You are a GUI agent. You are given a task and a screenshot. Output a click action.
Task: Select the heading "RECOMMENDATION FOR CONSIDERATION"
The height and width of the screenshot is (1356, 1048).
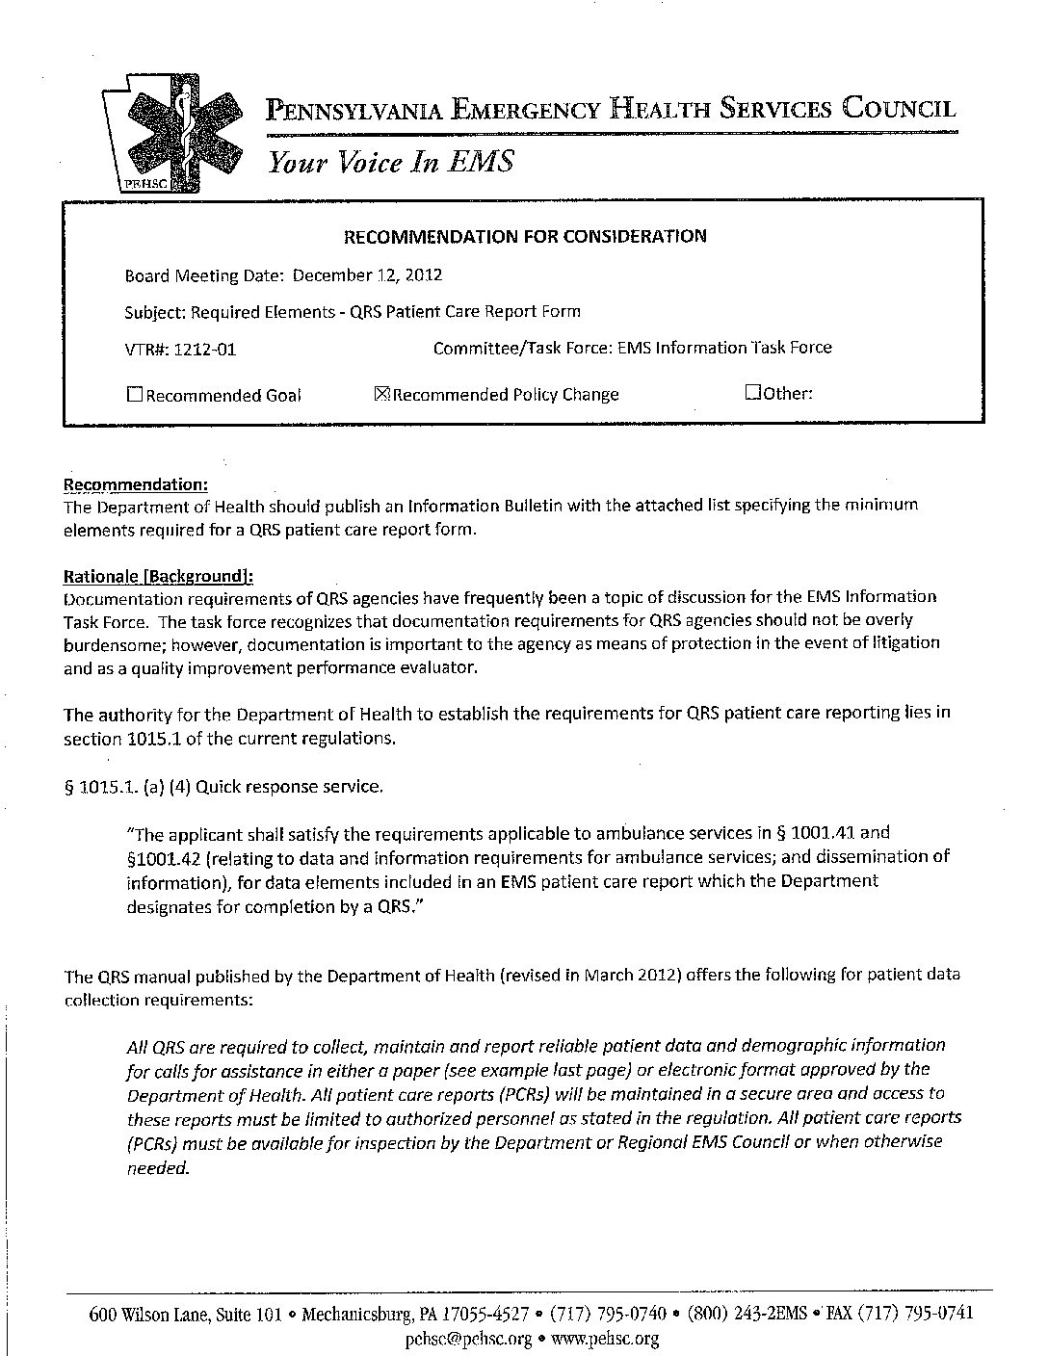point(525,236)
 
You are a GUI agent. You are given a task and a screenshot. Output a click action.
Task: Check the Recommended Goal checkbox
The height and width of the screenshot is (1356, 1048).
point(135,394)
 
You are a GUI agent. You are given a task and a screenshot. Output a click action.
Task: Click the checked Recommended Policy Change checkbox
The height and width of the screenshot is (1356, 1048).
point(380,394)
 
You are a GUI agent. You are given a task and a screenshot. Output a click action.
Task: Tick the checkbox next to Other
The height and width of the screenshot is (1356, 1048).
point(753,393)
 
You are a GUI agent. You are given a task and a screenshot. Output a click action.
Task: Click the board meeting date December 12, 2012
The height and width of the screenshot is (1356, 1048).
point(367,275)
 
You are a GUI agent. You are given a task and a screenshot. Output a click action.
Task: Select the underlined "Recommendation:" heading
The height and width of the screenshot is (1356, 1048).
point(135,484)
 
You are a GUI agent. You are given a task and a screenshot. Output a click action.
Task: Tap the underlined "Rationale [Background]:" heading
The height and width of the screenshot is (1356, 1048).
point(158,576)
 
